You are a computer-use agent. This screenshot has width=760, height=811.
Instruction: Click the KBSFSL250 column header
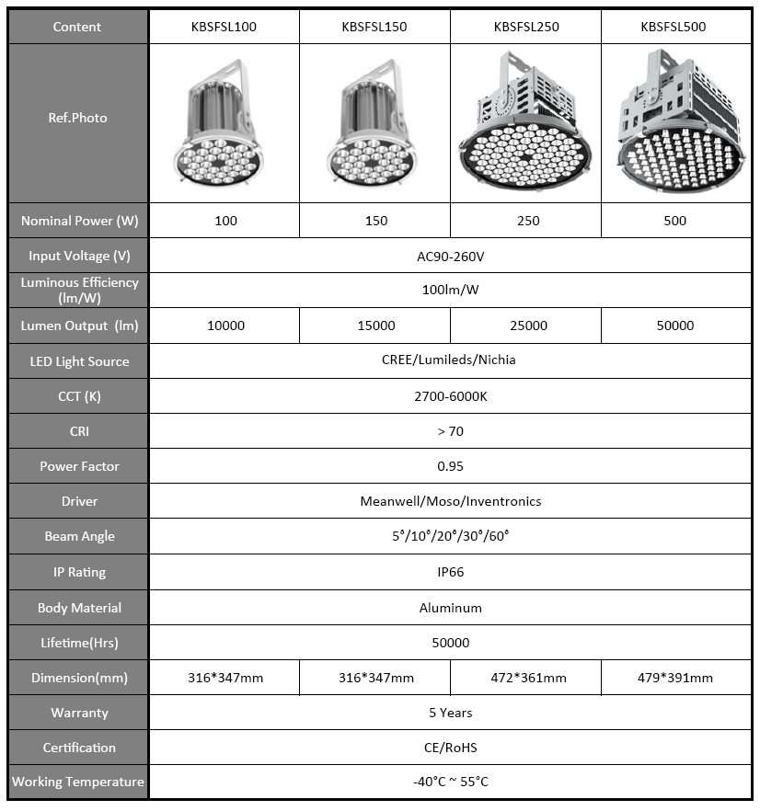point(526,27)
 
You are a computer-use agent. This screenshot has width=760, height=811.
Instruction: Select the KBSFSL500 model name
point(674,27)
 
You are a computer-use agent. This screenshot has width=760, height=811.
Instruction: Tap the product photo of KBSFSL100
point(224,124)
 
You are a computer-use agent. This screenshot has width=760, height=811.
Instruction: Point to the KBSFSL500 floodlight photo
point(676,124)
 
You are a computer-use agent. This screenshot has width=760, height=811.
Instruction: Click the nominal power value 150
point(376,221)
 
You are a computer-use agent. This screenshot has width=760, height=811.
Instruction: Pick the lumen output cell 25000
point(527,326)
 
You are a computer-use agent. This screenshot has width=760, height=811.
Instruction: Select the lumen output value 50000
point(675,326)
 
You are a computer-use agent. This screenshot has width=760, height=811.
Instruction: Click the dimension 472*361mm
point(527,678)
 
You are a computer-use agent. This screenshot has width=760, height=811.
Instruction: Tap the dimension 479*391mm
point(675,678)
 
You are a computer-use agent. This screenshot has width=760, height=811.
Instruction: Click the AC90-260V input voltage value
point(450,256)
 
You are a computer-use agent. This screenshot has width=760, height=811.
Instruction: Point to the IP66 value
point(450,572)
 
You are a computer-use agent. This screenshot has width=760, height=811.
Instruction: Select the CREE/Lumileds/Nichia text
point(449,360)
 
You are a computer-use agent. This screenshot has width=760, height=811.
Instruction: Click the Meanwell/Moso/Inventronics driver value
point(450,501)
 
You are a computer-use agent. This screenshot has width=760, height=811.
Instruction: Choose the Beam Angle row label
point(79,536)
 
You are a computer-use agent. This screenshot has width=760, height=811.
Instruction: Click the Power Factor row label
point(79,466)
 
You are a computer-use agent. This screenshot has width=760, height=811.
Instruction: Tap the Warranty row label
point(79,713)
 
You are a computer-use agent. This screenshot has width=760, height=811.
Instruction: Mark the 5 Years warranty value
point(450,713)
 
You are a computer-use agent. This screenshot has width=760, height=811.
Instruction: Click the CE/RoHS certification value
point(450,748)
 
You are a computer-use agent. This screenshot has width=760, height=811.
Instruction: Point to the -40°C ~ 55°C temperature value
point(450,782)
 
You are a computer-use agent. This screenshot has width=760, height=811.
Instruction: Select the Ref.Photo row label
point(78,118)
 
